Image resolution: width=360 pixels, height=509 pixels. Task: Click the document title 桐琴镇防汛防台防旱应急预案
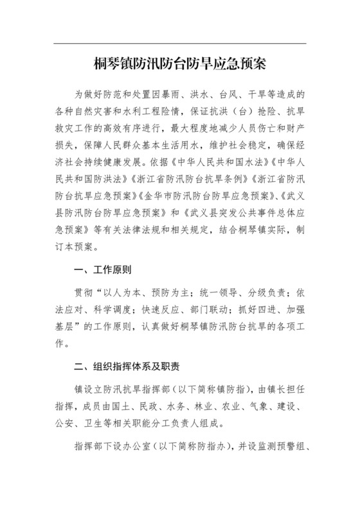[x=179, y=65]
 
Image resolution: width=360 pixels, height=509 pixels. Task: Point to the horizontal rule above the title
[x=179, y=44]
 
